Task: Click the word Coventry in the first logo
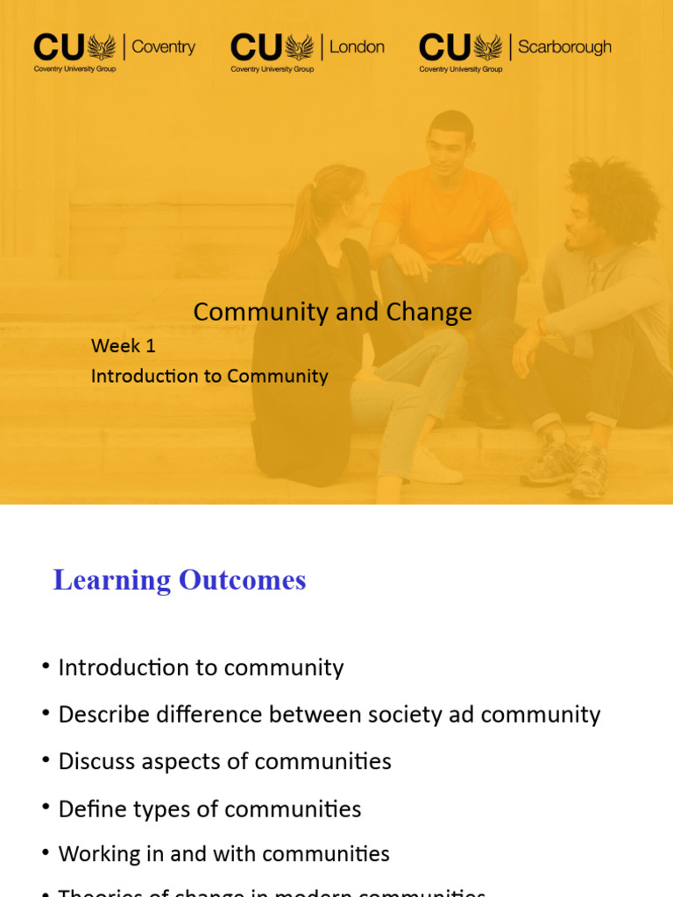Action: tap(163, 46)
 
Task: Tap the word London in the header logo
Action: tap(357, 46)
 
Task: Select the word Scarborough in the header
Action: tap(564, 46)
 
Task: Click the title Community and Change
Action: tap(332, 312)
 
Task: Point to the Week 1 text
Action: tap(124, 346)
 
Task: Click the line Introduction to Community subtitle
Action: tap(209, 377)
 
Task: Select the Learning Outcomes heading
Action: tap(180, 580)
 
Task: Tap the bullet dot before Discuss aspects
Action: tap(46, 760)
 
